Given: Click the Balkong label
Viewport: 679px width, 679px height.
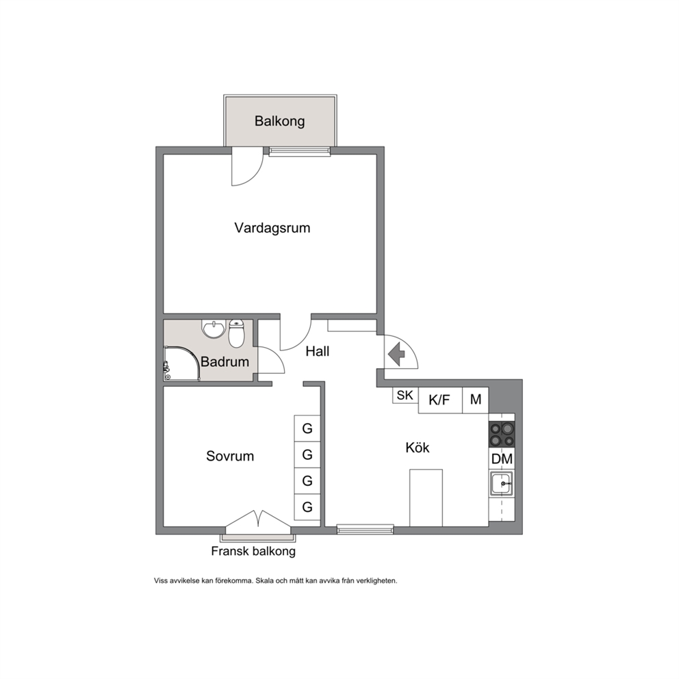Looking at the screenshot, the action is tap(279, 121).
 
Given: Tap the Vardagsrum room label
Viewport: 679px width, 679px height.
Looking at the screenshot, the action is tap(272, 228).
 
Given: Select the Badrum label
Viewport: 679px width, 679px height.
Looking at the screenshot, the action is tap(225, 361).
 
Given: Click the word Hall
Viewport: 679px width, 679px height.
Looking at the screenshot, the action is tap(318, 351).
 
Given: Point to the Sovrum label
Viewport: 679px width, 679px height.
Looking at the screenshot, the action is tap(230, 456).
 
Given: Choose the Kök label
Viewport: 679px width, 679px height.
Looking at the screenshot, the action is tap(418, 448).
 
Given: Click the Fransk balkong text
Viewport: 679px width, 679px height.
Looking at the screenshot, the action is tap(253, 551).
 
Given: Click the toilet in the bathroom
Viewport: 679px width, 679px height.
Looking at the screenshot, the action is tap(236, 333).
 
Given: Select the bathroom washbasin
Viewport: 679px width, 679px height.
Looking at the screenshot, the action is tap(214, 329).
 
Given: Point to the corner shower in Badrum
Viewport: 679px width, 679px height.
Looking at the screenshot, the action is tap(182, 363).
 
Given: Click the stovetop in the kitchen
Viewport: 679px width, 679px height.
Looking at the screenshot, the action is tap(502, 435).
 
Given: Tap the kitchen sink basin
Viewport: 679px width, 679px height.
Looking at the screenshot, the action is tap(502, 483).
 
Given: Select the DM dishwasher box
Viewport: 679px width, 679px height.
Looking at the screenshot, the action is tap(502, 459).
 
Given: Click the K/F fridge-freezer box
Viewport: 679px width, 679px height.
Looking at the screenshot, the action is tap(440, 400).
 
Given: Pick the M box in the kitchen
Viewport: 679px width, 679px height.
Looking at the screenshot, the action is tap(476, 400).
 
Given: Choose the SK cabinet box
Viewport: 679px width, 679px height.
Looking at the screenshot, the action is tap(405, 396).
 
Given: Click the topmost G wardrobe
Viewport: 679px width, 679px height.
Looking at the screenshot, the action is tap(307, 428).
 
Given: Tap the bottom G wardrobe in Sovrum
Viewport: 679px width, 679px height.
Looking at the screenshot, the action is tap(307, 507).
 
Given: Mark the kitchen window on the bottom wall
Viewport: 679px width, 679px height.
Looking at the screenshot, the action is tap(366, 528).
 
